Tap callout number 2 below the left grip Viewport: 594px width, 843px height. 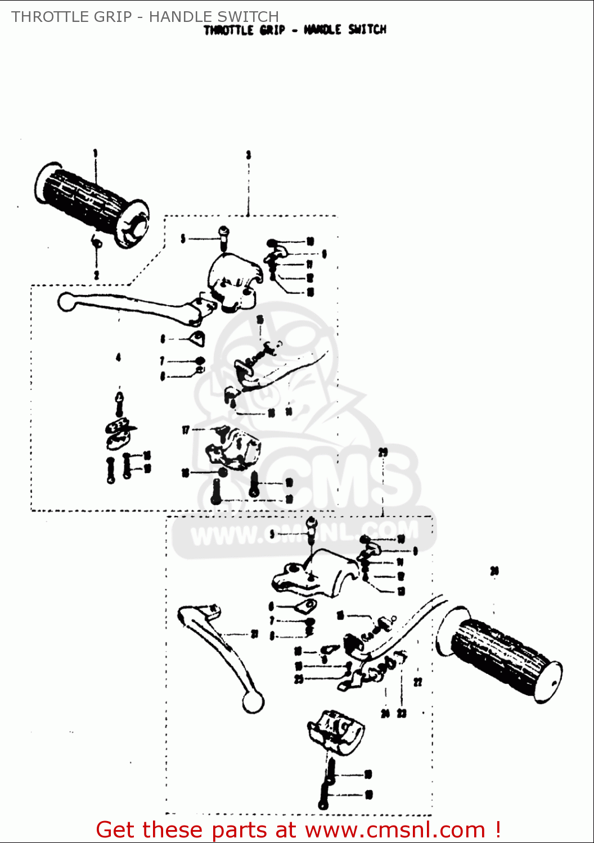[96, 275]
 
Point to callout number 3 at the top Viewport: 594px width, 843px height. [248, 155]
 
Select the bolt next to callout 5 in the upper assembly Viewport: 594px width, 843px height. [224, 237]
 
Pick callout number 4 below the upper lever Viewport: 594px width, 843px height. [118, 357]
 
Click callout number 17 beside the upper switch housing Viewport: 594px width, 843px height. [186, 430]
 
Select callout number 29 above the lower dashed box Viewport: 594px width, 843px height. [383, 452]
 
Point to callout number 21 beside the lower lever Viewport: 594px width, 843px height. [254, 634]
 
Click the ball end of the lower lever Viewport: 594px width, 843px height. [253, 703]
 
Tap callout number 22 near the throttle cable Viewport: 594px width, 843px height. [417, 682]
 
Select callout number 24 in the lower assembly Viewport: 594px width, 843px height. [385, 714]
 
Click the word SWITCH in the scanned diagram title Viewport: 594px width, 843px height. [367, 30]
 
